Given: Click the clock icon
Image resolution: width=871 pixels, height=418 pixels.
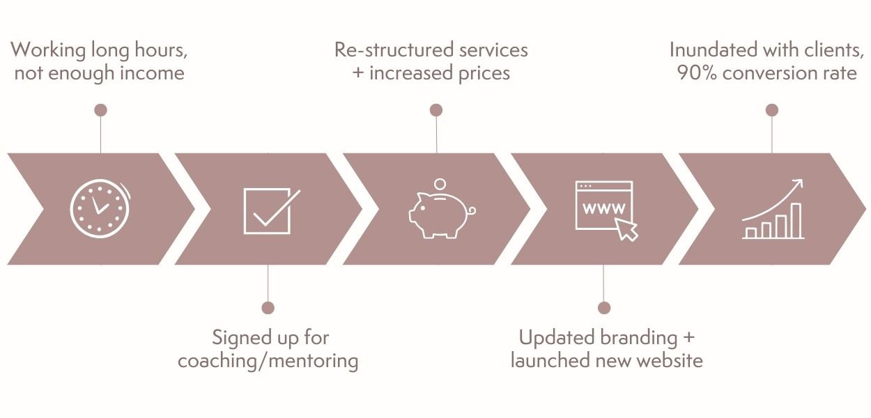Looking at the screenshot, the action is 100,208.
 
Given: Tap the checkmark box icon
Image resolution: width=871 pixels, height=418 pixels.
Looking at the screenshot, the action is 269,210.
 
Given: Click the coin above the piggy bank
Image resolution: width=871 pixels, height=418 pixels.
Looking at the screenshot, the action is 439,184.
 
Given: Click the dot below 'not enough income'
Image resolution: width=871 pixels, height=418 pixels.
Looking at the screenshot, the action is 100,110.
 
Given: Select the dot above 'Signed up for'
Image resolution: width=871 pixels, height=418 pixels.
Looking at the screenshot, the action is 268,307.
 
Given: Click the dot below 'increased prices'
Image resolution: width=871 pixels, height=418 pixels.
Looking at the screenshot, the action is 436,110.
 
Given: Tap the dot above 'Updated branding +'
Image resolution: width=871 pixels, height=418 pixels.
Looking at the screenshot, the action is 604,307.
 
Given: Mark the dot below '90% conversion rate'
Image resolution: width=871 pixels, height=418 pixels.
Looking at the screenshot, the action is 771,110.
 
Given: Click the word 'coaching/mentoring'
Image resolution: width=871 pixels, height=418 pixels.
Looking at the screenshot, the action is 268,361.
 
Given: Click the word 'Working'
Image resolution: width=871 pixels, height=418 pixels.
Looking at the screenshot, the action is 43,50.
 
